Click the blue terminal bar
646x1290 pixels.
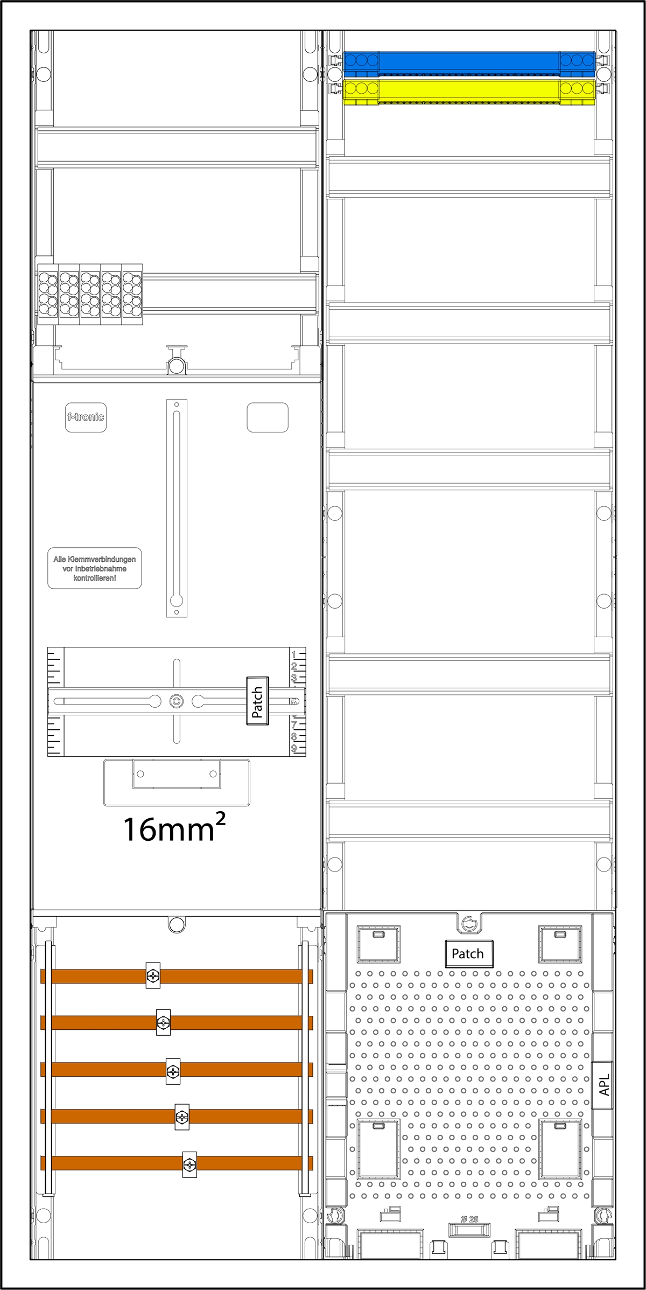(x=468, y=62)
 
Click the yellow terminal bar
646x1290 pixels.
(x=468, y=89)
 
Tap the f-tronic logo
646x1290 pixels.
(x=86, y=417)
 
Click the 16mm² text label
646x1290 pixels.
(x=174, y=828)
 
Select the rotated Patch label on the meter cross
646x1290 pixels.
(x=257, y=701)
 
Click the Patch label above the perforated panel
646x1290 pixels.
(x=467, y=953)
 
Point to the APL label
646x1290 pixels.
(x=604, y=1084)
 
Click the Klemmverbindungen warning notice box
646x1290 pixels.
(x=95, y=568)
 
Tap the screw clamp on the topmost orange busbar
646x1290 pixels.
(x=153, y=975)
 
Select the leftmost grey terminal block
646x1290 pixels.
(x=48, y=295)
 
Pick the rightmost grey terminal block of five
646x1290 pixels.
(x=132, y=295)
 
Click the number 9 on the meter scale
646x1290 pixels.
(x=294, y=748)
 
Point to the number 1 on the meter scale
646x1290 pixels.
(x=294, y=655)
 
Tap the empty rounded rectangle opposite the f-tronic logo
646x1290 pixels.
(x=268, y=417)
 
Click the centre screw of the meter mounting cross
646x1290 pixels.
(x=176, y=701)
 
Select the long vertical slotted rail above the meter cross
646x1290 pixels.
(x=177, y=508)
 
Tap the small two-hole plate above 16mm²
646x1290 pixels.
(x=177, y=774)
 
